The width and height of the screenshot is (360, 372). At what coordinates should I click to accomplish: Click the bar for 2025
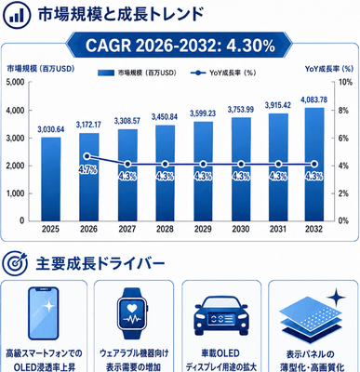click(51, 179)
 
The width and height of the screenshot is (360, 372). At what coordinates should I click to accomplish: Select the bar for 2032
click(313, 165)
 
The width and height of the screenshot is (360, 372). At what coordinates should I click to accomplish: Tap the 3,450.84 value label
click(165, 117)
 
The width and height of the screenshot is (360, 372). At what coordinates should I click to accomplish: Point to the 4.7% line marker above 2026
click(87, 156)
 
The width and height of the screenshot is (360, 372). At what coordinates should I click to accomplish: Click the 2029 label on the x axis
click(203, 229)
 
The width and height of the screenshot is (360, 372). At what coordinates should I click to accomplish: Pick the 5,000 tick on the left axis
click(15, 83)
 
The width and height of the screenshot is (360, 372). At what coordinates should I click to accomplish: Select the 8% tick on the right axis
click(343, 111)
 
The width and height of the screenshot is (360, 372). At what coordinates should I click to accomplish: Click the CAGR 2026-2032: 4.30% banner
click(180, 46)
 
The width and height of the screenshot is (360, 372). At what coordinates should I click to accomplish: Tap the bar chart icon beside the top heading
click(16, 16)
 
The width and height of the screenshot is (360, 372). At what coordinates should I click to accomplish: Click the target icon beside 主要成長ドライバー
click(15, 263)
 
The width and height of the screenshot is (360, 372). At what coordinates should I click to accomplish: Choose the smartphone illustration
click(44, 313)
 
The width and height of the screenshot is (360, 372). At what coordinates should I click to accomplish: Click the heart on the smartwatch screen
click(133, 308)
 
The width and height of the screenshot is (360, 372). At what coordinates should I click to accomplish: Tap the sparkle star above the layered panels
click(336, 298)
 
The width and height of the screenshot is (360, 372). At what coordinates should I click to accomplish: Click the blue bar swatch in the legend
click(106, 73)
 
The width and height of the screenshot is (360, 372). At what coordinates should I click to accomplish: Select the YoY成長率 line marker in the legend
click(198, 73)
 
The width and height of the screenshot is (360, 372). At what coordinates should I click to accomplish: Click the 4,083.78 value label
click(313, 100)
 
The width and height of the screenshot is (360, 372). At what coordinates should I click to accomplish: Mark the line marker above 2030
click(241, 165)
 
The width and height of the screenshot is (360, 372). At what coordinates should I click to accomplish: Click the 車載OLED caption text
click(220, 353)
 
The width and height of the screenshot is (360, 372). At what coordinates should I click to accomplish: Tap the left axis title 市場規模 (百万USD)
click(41, 69)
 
